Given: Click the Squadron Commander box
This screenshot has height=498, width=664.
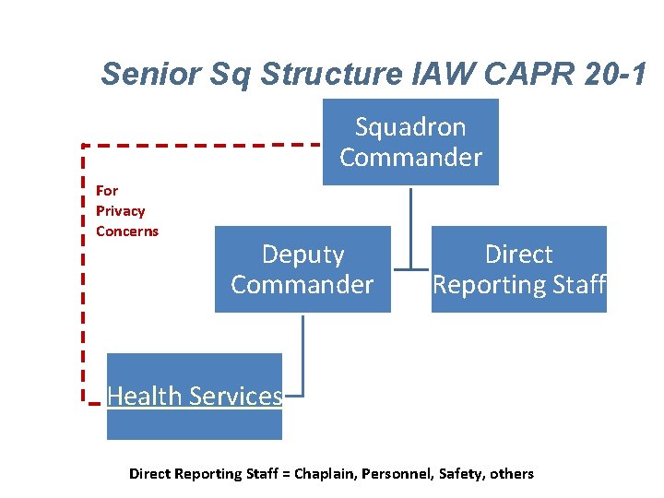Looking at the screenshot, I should pyautogui.click(x=410, y=142).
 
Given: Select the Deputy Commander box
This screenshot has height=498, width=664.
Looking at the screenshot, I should pyautogui.click(x=302, y=269).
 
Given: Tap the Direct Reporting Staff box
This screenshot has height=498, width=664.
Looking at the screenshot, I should pyautogui.click(x=519, y=269).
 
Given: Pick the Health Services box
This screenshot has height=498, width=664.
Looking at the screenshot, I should pyautogui.click(x=195, y=396).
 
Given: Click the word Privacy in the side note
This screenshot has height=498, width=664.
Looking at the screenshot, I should pyautogui.click(x=120, y=210).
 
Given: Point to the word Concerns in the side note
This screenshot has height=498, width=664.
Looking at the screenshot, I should pyautogui.click(x=127, y=231).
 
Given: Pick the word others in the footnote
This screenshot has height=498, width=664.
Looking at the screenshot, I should pyautogui.click(x=512, y=474).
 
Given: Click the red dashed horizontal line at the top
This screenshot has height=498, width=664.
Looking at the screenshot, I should pyautogui.click(x=203, y=145).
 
